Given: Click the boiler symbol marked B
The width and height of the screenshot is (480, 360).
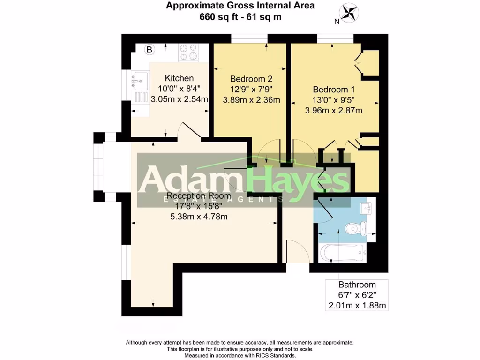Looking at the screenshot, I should pos(150,49).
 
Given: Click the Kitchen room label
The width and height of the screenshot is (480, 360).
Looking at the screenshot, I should pos(179,78).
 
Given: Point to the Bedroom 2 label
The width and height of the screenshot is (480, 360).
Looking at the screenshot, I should pos(251,79).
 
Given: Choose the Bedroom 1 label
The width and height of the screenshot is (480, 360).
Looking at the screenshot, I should pos(334,90).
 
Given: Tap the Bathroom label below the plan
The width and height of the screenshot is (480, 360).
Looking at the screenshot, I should pos(357,285).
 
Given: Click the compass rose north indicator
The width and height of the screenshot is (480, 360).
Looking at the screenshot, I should pos(347,13).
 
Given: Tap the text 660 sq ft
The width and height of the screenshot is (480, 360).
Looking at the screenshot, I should pos(219,17).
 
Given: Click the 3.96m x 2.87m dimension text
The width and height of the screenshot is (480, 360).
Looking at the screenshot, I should pos(334,111).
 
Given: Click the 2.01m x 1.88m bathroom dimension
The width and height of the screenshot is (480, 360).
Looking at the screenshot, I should pos(357,306).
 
